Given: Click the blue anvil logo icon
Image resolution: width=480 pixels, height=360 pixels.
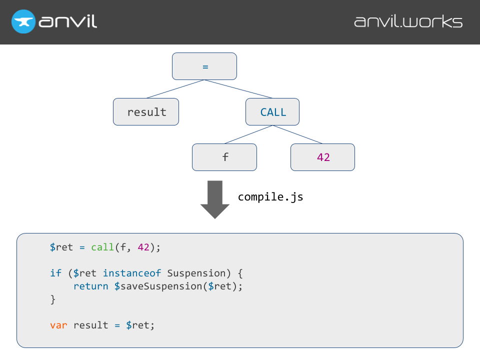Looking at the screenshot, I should coord(23,22).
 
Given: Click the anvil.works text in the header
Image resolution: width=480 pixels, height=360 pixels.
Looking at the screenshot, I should coord(408,22).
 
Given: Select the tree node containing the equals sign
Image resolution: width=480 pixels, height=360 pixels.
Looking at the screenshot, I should coord(204,66).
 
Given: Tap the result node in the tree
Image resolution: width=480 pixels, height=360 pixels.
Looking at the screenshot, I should coord(146,111).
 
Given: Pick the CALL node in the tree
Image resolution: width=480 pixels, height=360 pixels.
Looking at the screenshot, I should coord(272,111).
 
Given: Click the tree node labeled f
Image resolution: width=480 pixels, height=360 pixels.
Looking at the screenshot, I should coord(224,157).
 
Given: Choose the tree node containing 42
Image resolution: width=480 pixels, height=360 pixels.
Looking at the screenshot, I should coord(323,157).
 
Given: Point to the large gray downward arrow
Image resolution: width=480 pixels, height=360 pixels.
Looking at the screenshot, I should coord(215,199).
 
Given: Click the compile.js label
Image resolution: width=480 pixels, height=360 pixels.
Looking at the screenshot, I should coord(270,197).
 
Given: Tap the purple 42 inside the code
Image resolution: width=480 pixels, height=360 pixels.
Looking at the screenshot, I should coord(143,247).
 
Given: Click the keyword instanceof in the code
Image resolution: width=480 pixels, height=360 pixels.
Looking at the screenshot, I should coord(132,273).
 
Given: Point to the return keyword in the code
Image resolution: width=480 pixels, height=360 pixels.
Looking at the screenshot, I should coord(90,286).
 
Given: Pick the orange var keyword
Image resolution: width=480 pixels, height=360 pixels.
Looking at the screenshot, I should coord(58,325).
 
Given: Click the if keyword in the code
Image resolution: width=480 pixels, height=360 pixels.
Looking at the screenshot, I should coord(55,273).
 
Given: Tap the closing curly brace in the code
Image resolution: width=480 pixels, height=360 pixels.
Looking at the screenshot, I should coord(53,299).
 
